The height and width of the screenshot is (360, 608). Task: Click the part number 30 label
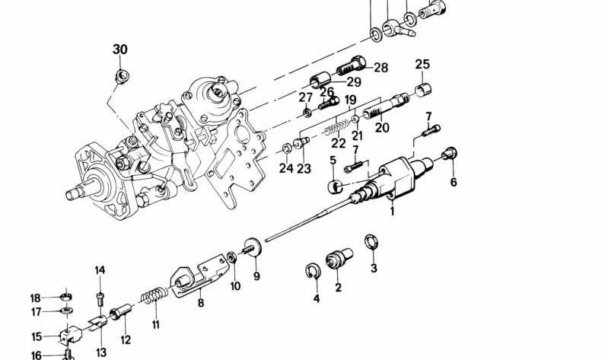[x=120, y=49]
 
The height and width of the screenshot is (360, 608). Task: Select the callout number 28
[x=380, y=68]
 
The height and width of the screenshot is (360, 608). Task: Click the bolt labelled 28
[x=351, y=66]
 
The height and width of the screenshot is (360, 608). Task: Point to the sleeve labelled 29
[x=320, y=79]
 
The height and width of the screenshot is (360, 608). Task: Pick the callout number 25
[x=422, y=64]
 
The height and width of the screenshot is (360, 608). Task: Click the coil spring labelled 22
[x=336, y=127]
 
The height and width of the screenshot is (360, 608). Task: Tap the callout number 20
[x=382, y=127]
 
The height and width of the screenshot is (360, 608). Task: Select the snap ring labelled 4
[x=313, y=271]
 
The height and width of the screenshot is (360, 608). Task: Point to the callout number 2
[x=338, y=288]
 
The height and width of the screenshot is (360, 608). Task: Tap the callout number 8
[x=200, y=302]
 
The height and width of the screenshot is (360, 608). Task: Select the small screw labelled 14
[x=100, y=298]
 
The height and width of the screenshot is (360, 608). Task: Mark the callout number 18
[x=35, y=298]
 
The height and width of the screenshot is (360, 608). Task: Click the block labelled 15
[x=70, y=334]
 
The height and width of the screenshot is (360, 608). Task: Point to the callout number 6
[x=454, y=182]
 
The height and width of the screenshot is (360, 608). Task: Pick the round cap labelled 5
[x=336, y=187]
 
